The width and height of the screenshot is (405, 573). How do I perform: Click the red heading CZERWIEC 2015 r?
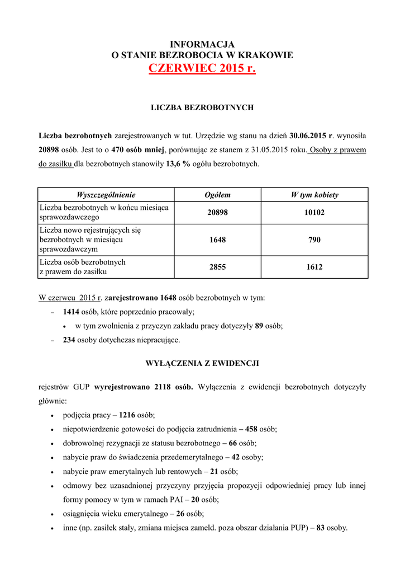(x=202, y=69)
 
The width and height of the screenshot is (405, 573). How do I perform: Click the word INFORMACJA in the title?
(x=202, y=44)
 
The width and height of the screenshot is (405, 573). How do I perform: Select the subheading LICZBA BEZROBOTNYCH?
(x=202, y=106)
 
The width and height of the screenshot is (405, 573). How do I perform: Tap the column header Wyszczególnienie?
(x=106, y=195)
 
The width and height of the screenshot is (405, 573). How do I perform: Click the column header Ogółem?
(x=217, y=195)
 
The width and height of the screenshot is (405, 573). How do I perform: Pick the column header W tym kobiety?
(x=315, y=195)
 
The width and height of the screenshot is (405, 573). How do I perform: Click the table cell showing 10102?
(x=315, y=213)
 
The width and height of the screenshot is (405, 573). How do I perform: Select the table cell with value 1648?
(x=217, y=239)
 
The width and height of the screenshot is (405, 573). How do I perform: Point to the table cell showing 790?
(x=315, y=239)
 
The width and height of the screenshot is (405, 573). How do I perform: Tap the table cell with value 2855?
(x=217, y=267)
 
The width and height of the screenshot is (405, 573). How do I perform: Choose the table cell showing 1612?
(x=315, y=267)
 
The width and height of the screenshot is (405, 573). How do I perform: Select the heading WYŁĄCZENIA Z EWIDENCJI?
(x=202, y=363)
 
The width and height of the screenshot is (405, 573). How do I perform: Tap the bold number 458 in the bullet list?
(x=251, y=429)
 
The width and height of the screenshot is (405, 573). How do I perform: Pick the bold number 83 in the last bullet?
(x=321, y=527)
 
